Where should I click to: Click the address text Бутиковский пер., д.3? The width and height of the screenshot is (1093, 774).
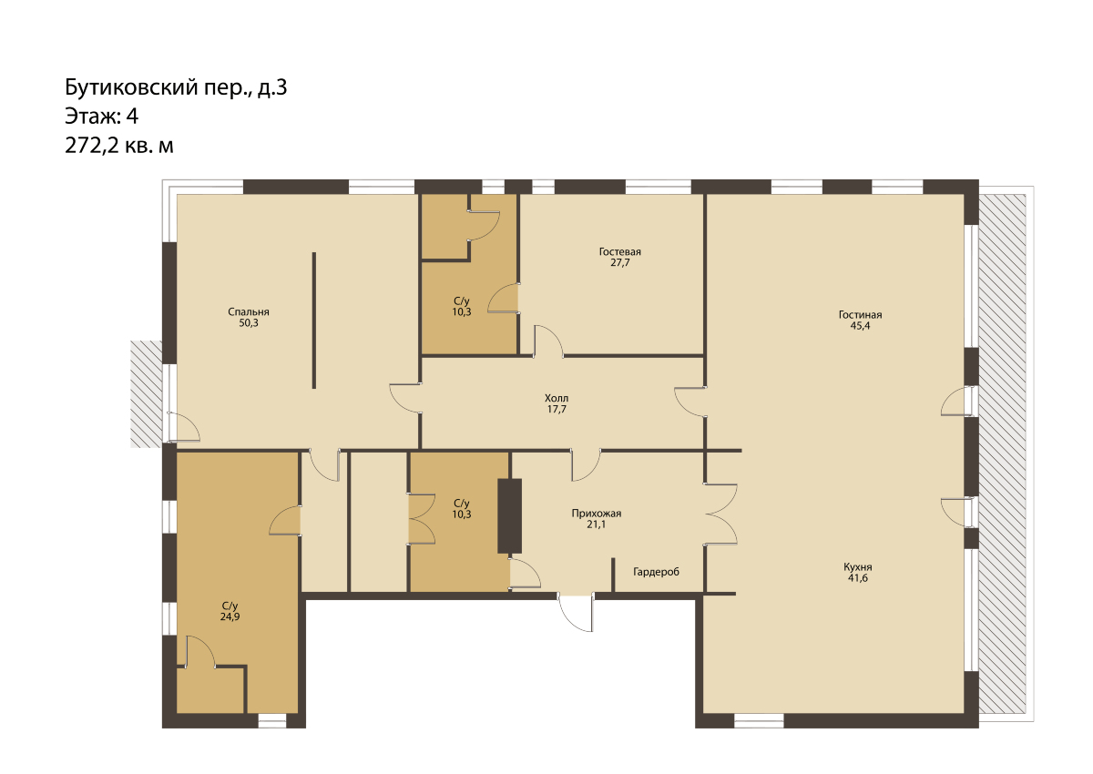click(x=176, y=87)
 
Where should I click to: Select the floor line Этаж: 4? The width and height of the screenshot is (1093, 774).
click(x=101, y=117)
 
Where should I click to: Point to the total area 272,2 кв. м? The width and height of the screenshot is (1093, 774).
click(x=119, y=146)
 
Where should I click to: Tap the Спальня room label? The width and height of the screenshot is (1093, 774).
click(x=249, y=312)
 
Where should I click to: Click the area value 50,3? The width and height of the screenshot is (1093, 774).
click(x=249, y=323)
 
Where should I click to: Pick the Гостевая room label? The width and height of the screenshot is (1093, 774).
click(x=619, y=251)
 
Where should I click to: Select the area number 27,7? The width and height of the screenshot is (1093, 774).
click(x=619, y=263)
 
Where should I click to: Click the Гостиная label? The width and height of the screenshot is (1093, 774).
click(x=860, y=315)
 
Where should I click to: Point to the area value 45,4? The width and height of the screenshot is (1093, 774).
click(x=860, y=326)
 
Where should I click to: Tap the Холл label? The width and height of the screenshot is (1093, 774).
click(x=557, y=398)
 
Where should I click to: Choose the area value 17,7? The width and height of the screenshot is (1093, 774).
click(x=557, y=409)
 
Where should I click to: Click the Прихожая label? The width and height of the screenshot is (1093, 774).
click(x=597, y=514)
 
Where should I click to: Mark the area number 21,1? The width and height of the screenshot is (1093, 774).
click(x=597, y=524)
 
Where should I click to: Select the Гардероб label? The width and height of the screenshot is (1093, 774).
click(x=656, y=572)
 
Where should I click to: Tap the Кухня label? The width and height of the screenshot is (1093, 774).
click(x=858, y=567)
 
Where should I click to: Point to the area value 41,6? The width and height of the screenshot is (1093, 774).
click(x=858, y=578)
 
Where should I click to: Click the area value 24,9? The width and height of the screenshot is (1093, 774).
click(x=230, y=617)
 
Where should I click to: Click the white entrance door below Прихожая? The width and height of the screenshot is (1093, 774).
click(x=576, y=613)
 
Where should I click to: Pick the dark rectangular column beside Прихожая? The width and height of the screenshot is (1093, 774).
click(x=509, y=516)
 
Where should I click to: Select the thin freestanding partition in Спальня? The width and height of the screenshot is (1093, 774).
click(x=313, y=321)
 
